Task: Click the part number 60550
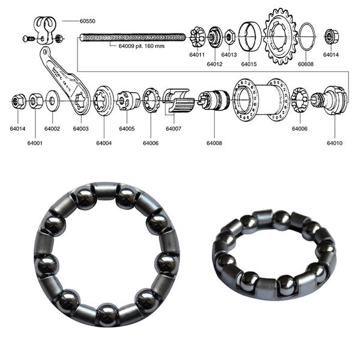88,20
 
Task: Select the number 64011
197,54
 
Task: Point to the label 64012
215,64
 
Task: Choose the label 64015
249,64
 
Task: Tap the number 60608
305,64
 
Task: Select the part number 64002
52,128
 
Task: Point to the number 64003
80,128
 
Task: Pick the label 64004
104,143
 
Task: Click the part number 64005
127,128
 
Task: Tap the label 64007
174,128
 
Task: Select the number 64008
214,143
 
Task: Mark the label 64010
335,143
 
